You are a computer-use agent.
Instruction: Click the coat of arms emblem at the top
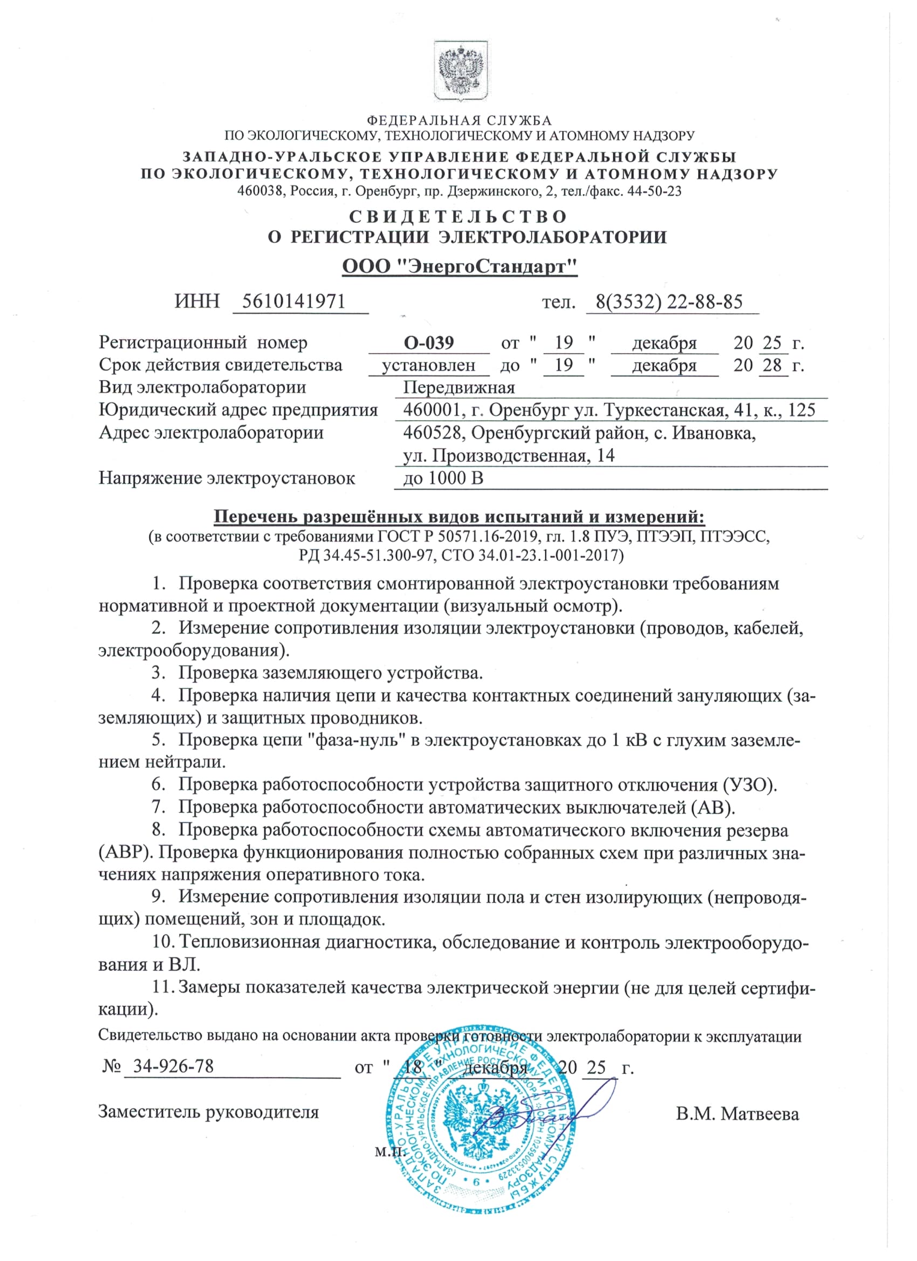tap(461, 71)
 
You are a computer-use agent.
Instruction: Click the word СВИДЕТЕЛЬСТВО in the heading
tap(458, 216)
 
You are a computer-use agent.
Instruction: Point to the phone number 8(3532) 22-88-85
tap(669, 302)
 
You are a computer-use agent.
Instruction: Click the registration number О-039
tap(429, 342)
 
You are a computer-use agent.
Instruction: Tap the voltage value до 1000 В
tap(443, 478)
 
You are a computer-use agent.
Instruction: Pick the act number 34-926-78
tap(173, 1066)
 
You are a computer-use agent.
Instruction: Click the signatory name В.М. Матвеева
tap(737, 1114)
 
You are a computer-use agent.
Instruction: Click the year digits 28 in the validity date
tap(772, 365)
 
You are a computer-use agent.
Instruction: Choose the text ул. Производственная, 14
tap(509, 455)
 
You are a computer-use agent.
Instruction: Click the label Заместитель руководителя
tap(209, 1112)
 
